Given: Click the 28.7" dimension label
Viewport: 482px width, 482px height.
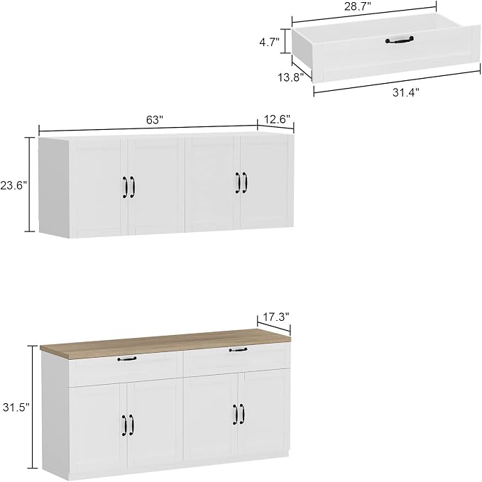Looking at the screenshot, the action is pyautogui.click(x=358, y=6).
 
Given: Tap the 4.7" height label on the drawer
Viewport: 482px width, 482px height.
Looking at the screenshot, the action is pyautogui.click(x=270, y=42).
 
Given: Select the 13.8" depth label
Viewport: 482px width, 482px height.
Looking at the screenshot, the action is pyautogui.click(x=291, y=77).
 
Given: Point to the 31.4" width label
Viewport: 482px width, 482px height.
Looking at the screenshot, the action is pyautogui.click(x=406, y=92).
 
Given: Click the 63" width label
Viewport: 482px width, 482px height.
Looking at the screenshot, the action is pyautogui.click(x=154, y=120).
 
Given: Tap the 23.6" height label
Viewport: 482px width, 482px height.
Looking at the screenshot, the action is pyautogui.click(x=13, y=186).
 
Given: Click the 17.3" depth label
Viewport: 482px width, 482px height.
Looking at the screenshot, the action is pyautogui.click(x=277, y=317).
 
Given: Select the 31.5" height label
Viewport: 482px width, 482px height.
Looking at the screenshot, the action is pyautogui.click(x=16, y=407).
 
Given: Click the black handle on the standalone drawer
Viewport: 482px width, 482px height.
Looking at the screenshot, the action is pyautogui.click(x=400, y=40).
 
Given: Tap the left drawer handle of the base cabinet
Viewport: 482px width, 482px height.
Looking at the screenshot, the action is pyautogui.click(x=127, y=358).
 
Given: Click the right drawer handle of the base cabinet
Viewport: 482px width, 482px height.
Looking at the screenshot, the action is pyautogui.click(x=238, y=349).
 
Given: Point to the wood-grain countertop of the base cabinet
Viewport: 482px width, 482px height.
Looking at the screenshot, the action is pyautogui.click(x=165, y=343).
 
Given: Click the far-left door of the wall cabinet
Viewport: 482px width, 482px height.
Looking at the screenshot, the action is pyautogui.click(x=98, y=187).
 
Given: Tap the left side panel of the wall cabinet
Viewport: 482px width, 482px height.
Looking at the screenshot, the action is pyautogui.click(x=54, y=187).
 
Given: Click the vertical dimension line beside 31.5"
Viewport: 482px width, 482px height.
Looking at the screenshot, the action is pyautogui.click(x=32, y=407).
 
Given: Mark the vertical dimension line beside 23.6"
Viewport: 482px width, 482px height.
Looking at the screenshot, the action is pyautogui.click(x=30, y=185).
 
